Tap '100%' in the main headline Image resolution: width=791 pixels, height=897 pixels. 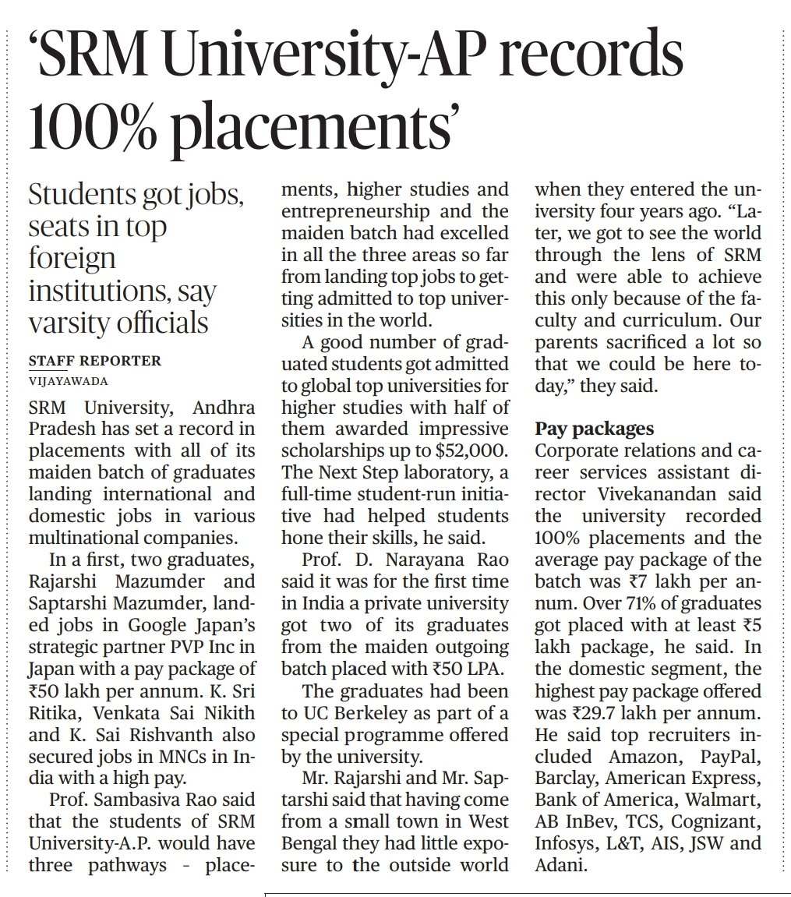coord(97,126)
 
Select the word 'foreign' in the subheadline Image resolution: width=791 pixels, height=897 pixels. coord(72,259)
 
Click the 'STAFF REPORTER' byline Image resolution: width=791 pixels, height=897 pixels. coord(94,361)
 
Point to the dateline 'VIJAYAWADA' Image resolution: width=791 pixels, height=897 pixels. coord(69,382)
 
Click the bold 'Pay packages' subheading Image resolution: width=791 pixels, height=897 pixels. coord(595,429)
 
